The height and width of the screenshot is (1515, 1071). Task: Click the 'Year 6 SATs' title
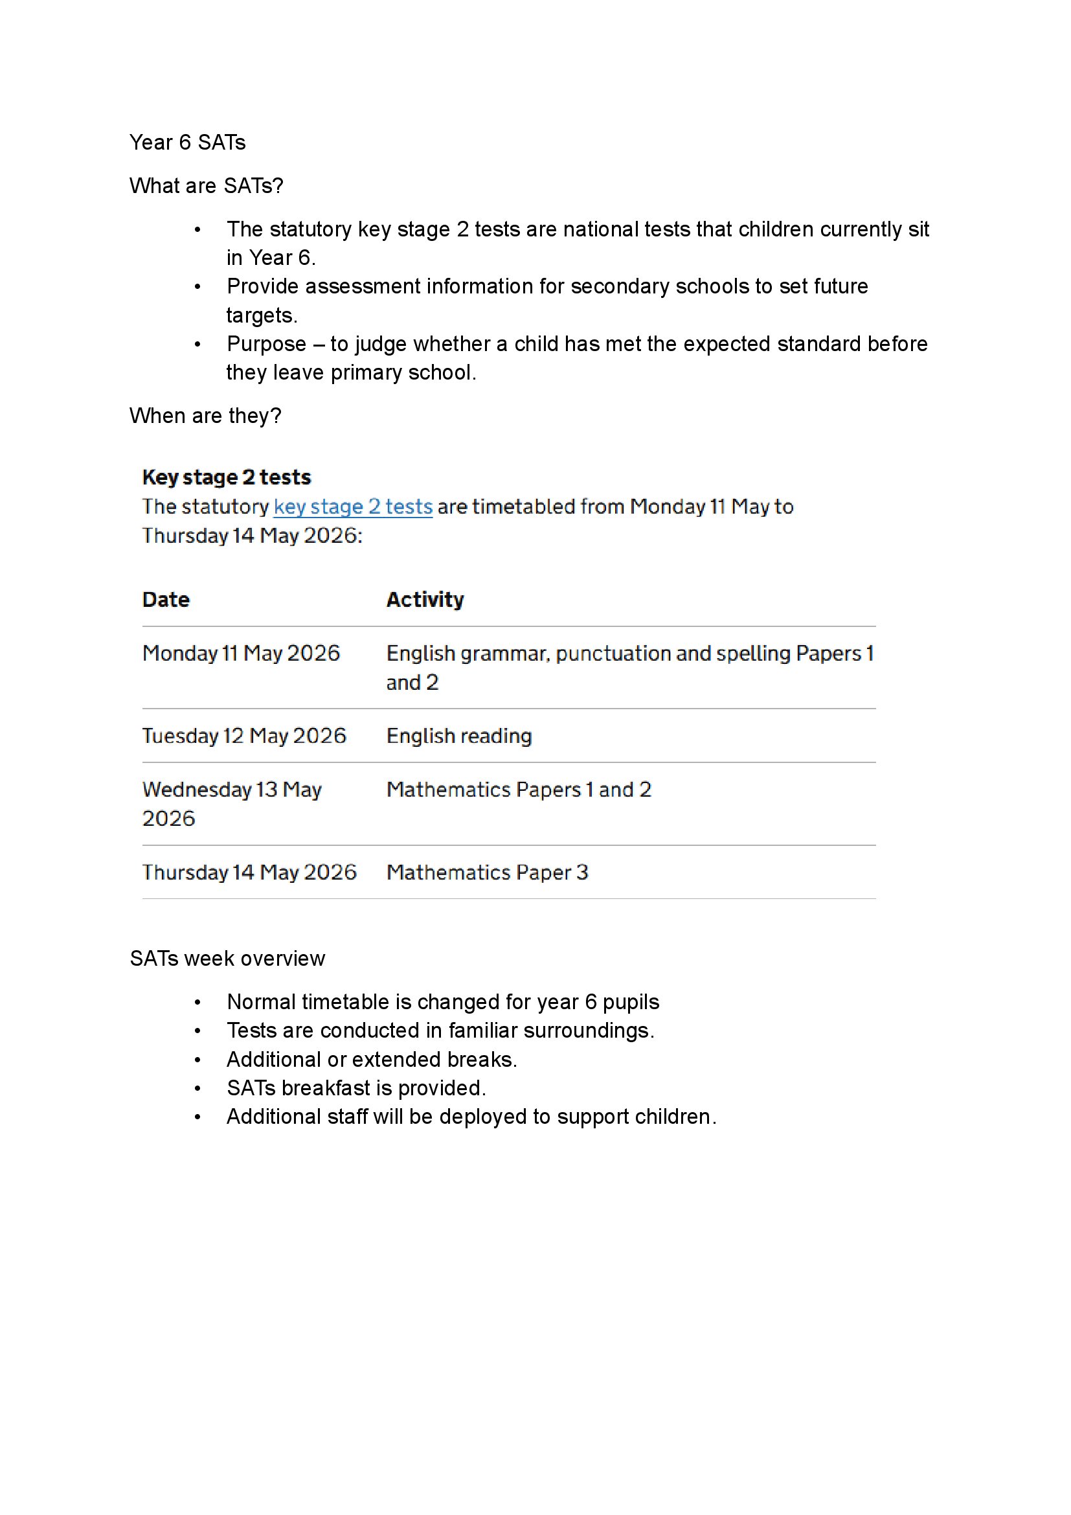tap(187, 142)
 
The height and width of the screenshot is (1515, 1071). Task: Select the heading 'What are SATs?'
tap(206, 186)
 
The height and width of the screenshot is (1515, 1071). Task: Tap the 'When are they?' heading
tap(205, 416)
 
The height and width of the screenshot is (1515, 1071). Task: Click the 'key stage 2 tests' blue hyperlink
tap(353, 507)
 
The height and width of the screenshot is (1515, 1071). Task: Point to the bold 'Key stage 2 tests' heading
tap(226, 477)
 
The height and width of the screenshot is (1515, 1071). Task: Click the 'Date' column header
tap(166, 600)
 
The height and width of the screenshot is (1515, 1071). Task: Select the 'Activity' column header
tap(425, 600)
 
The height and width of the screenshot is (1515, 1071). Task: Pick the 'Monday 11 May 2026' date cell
tap(241, 654)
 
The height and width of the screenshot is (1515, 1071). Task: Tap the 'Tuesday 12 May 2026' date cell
tap(244, 736)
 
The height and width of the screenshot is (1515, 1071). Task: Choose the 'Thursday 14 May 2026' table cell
tap(249, 872)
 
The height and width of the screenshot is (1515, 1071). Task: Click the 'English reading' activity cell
tap(459, 736)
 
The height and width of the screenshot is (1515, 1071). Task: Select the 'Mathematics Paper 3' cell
tap(487, 872)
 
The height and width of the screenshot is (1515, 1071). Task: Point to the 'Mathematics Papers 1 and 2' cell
tap(519, 790)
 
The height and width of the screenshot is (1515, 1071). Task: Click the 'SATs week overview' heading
tap(227, 959)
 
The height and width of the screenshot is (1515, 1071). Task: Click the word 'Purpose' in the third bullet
tap(266, 344)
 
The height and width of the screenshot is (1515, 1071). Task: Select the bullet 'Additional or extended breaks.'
tap(371, 1060)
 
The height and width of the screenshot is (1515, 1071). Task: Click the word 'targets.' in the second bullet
tap(262, 315)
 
